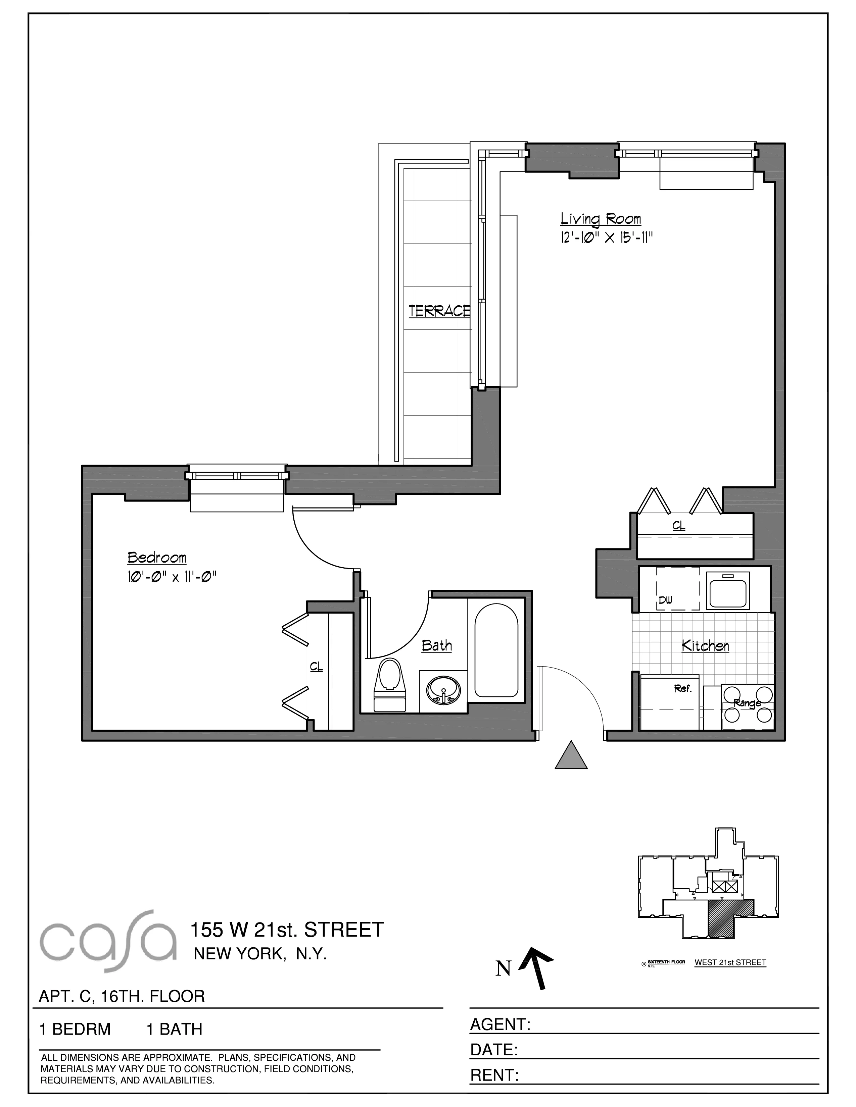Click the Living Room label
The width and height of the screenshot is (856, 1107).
pyautogui.click(x=601, y=219)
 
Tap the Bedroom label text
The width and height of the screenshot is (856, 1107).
pyautogui.click(x=157, y=558)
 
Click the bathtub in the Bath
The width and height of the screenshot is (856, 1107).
pyautogui.click(x=496, y=650)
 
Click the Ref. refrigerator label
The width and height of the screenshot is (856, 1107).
pyautogui.click(x=682, y=689)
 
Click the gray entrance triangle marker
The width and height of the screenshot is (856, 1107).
pyautogui.click(x=571, y=755)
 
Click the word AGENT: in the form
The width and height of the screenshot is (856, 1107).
pyautogui.click(x=500, y=1024)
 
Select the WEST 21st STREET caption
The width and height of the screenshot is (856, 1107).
pyautogui.click(x=730, y=962)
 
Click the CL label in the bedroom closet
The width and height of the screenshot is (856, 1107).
pyautogui.click(x=316, y=667)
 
